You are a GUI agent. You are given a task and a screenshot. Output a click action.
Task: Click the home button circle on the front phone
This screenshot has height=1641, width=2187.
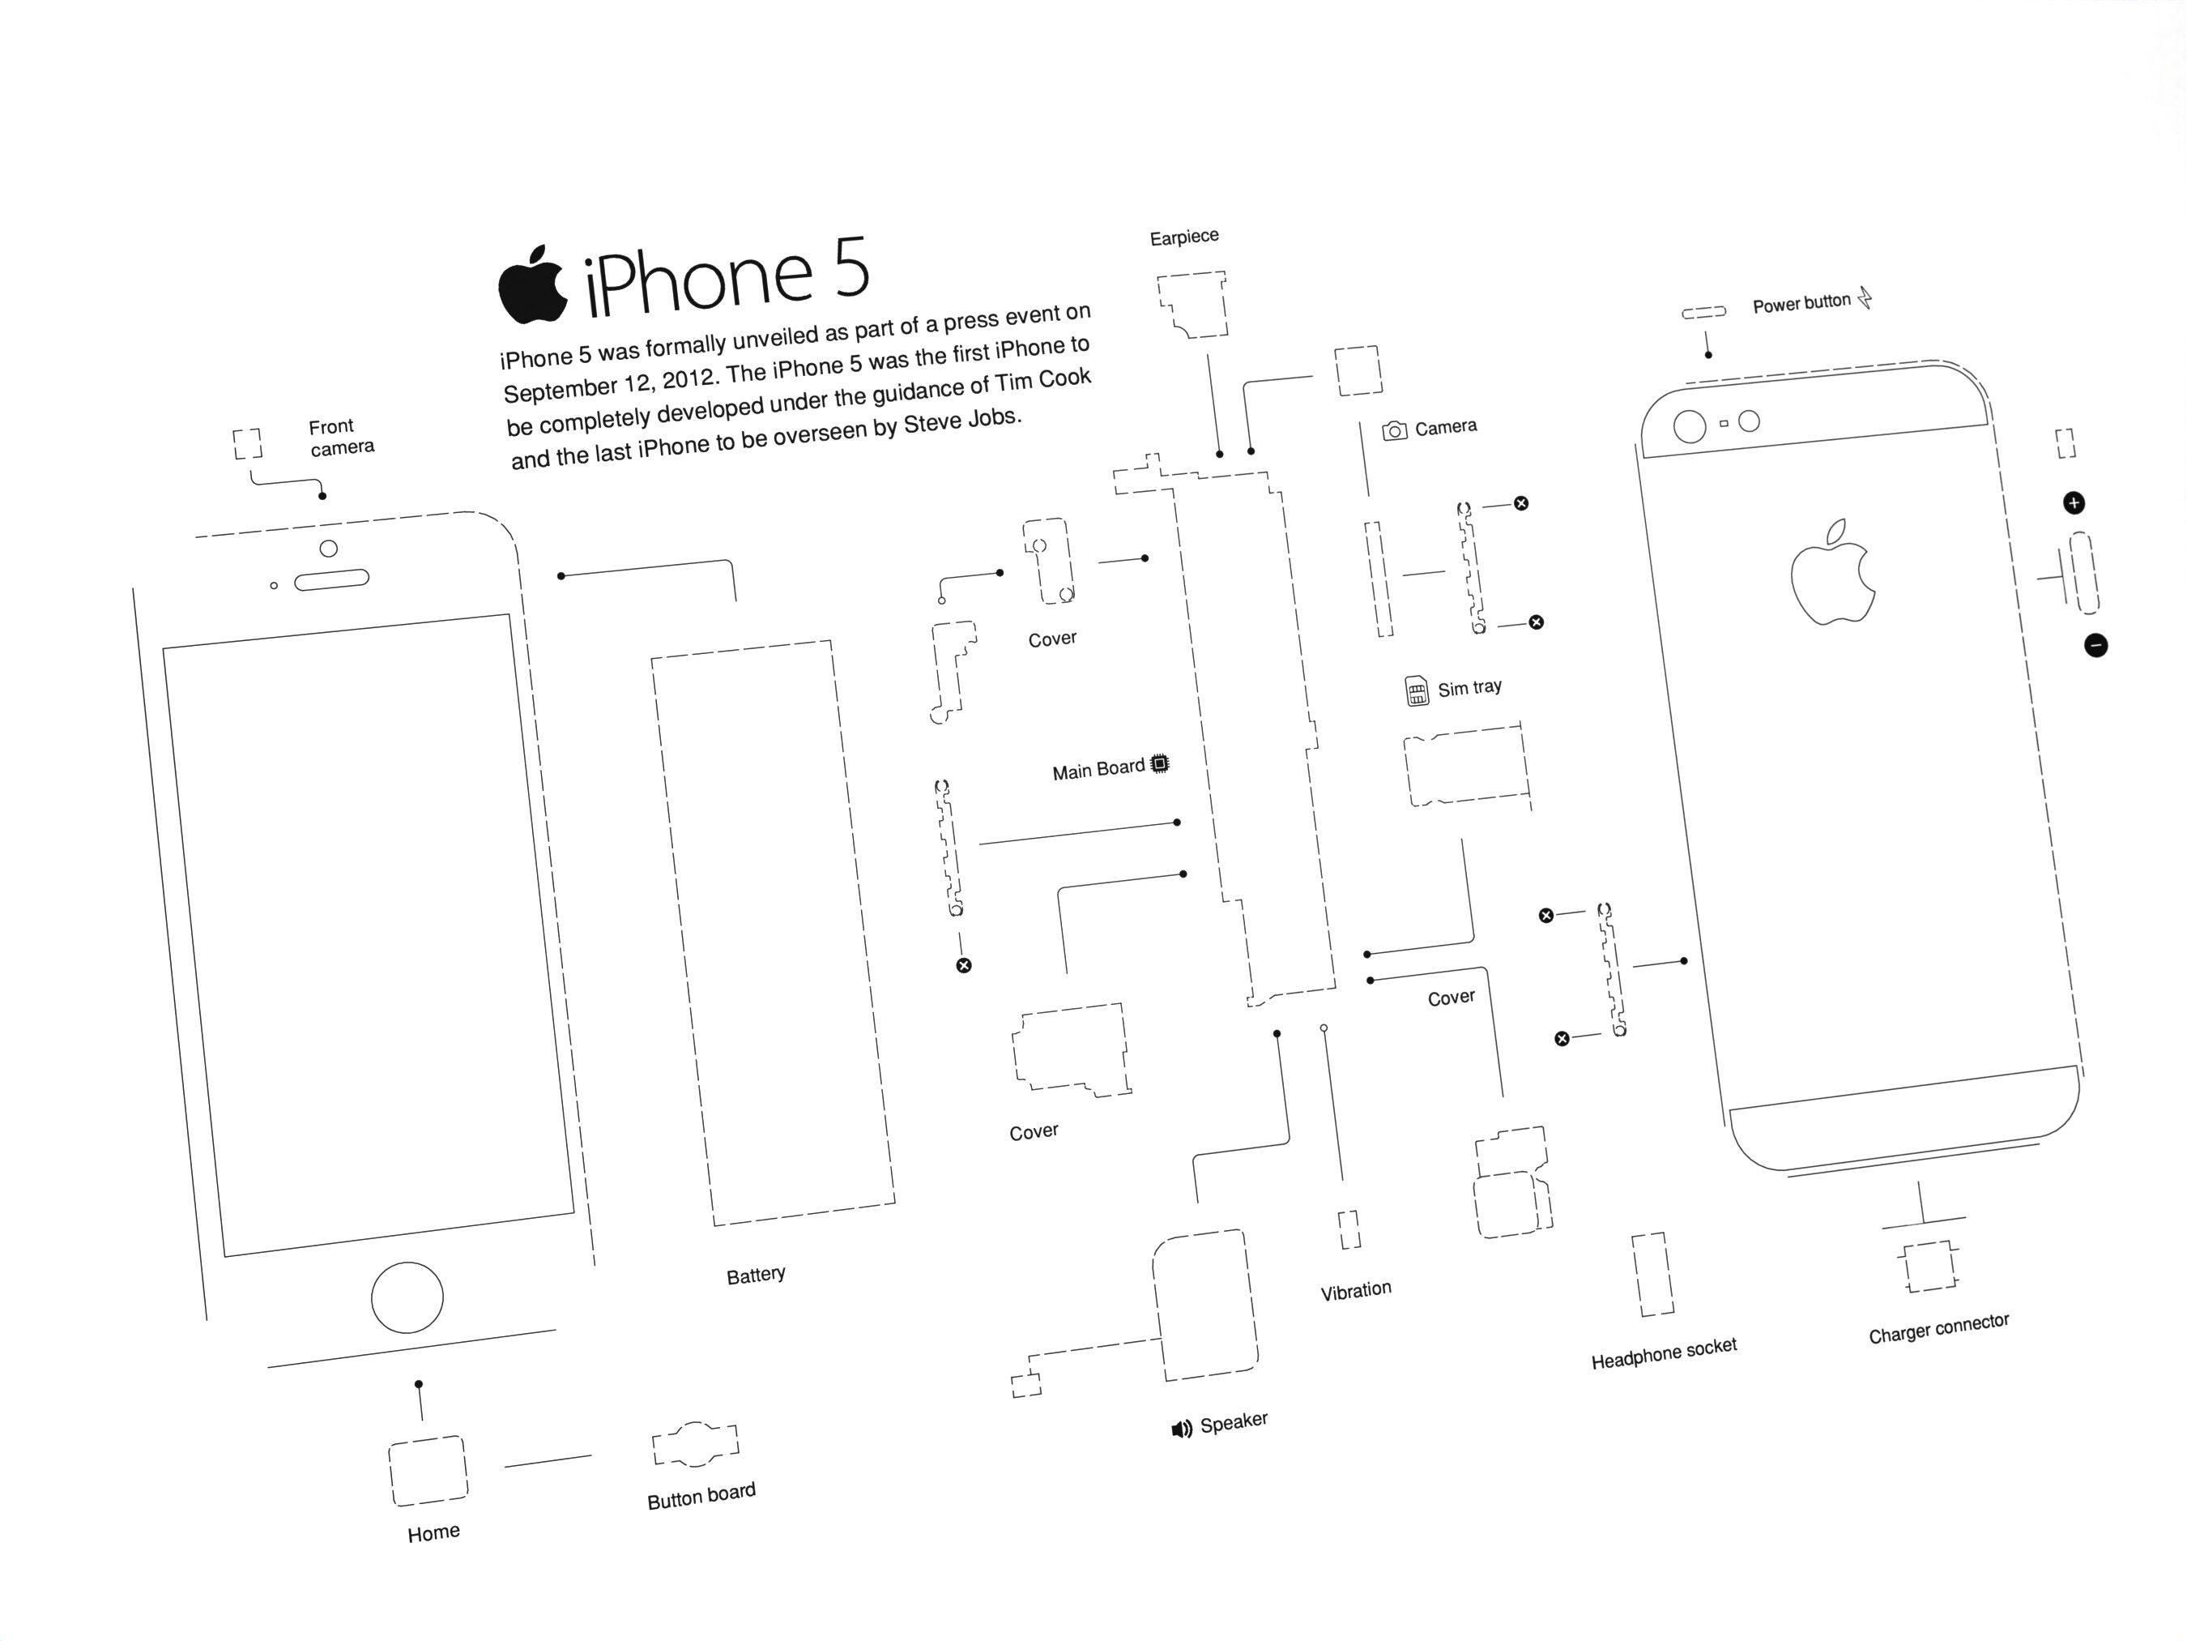[x=407, y=1297]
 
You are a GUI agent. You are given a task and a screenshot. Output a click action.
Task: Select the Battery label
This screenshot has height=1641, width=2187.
[x=756, y=1275]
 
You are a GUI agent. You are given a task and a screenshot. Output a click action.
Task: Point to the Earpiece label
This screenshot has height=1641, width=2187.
[x=1183, y=237]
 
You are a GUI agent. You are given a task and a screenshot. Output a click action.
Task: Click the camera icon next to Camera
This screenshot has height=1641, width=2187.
[x=1394, y=430]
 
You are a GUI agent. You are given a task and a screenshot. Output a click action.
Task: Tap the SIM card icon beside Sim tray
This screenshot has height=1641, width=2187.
[x=1417, y=690]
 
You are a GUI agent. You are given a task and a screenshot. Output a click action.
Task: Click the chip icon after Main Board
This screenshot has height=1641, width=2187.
[x=1160, y=763]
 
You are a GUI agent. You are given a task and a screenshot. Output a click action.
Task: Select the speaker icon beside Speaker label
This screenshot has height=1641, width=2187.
[x=1182, y=1429]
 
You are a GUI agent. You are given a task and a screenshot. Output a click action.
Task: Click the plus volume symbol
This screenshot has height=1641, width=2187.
[x=2074, y=502]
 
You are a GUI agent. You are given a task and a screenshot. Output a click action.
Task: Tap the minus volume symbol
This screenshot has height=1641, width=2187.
[x=2095, y=646]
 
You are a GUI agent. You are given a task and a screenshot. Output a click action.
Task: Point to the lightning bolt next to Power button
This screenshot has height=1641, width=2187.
[x=1865, y=297]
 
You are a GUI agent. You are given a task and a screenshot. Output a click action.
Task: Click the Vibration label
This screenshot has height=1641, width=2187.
[x=1355, y=1290]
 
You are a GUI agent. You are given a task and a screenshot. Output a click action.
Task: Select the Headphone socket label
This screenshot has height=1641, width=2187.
[x=1663, y=1353]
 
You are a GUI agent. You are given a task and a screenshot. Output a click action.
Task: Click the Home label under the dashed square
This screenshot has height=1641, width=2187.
[x=433, y=1532]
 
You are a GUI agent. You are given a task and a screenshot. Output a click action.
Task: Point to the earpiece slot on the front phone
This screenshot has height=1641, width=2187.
[x=331, y=579]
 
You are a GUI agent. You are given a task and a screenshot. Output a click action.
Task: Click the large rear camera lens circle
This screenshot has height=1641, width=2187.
[x=1689, y=426]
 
